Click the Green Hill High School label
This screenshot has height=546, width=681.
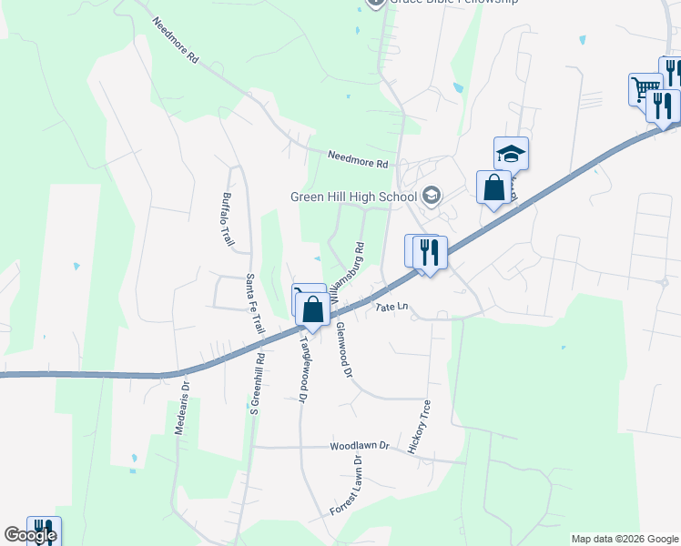click(x=352, y=196)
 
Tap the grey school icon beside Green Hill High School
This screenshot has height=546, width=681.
click(x=432, y=196)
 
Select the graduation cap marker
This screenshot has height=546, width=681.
click(x=512, y=154)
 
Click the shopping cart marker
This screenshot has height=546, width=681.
click(x=645, y=88)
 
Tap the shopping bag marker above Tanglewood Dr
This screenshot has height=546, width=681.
click(x=312, y=308)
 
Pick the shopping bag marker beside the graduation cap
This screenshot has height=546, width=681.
click(x=493, y=187)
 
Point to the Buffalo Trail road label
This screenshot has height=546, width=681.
click(x=229, y=219)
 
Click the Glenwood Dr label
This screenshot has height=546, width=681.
click(x=343, y=349)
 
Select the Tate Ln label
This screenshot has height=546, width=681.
click(x=393, y=308)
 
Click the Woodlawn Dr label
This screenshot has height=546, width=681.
click(x=359, y=447)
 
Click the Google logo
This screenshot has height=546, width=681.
click(x=29, y=535)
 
